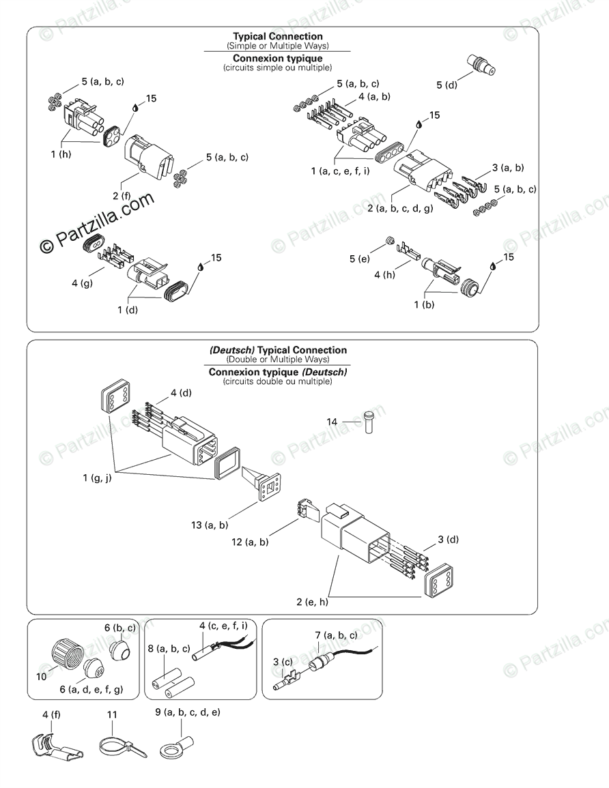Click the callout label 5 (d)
coord(447,85)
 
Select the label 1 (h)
coord(61,155)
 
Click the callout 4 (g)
coord(82,282)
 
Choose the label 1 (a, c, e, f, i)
coord(341,171)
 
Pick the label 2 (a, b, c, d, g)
coord(400,208)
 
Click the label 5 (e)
coord(360,259)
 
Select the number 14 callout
coord(332,422)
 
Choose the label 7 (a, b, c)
coord(336,635)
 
